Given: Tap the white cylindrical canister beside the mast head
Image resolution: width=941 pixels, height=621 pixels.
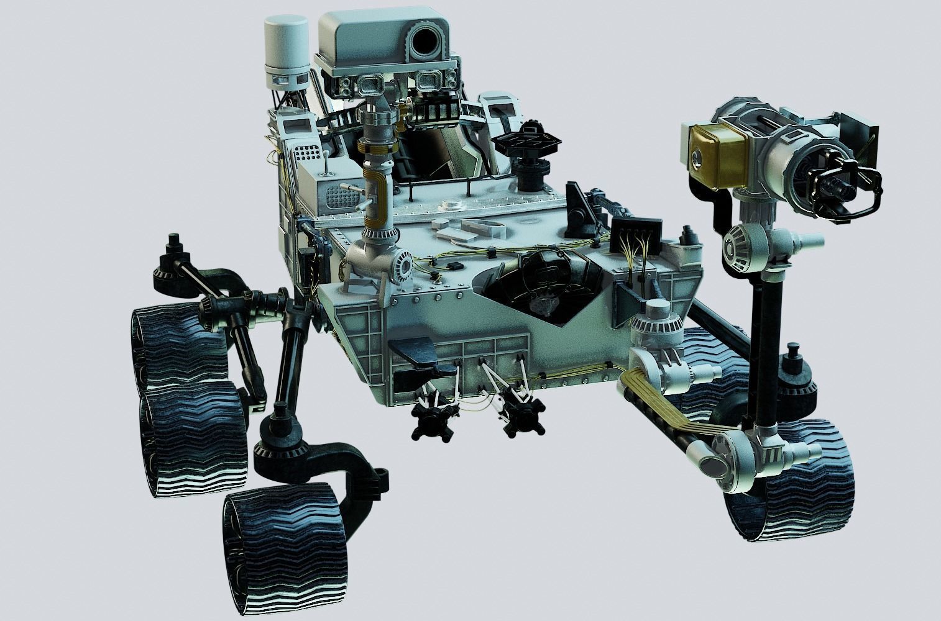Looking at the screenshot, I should click(x=285, y=50).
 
